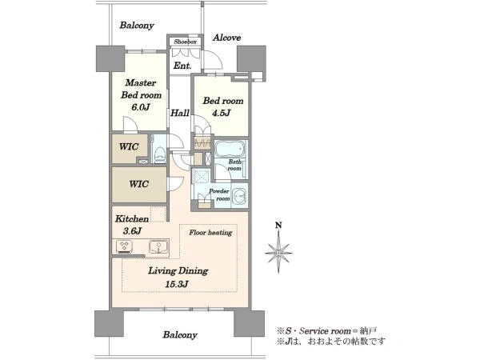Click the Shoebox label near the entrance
coord(186,42)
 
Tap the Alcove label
coord(227,38)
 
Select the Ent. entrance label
coord(182,66)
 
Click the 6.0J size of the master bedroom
coord(141,107)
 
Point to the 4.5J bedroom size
coord(222,114)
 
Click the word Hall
coord(180,113)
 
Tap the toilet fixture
coord(159,153)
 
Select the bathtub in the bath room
coord(230,149)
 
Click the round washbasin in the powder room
coord(239,196)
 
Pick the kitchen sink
coord(159,246)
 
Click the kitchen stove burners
coord(125,246)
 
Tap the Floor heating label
coord(210,233)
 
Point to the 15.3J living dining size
coord(177,284)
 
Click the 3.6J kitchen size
coord(132,231)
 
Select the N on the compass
coord(278,226)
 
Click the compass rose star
coord(278,253)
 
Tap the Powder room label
coord(219,194)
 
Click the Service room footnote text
coord(326,331)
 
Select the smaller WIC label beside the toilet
coord(129,146)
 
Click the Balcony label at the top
coord(137,25)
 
